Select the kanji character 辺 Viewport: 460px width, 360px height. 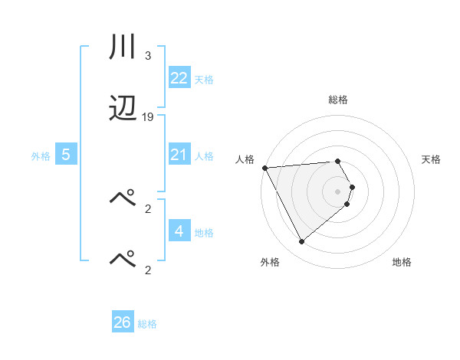123,110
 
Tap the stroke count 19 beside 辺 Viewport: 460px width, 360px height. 148,117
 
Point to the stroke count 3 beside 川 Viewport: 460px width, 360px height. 147,56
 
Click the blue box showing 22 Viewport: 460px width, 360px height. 179,78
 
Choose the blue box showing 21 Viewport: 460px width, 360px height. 179,155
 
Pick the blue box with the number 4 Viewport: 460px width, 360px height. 179,231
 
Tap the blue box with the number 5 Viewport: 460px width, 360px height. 66,155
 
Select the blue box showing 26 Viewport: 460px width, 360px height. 123,322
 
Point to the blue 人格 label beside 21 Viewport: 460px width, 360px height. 204,156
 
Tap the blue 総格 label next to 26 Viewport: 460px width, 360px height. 148,324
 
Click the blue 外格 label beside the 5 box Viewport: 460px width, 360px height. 41,156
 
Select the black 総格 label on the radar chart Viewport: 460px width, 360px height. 337,100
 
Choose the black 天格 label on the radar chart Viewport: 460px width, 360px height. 432,159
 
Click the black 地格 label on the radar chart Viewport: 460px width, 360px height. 402,262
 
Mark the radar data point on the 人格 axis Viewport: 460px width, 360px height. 264,168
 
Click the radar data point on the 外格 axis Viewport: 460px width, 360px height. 301,242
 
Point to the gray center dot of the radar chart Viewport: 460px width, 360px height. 337,191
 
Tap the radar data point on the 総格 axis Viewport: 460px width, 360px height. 337,162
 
